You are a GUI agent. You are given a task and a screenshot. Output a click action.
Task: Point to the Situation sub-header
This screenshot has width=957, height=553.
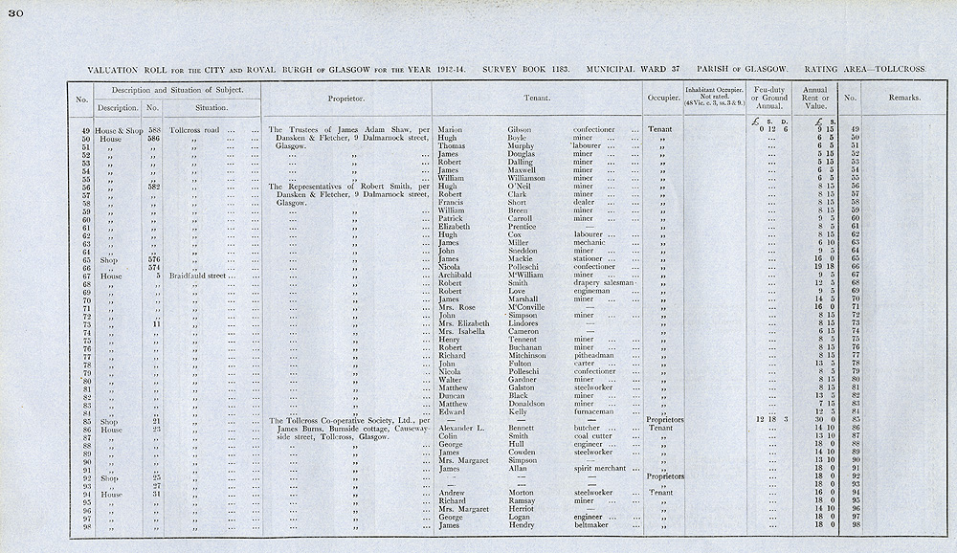point(211,107)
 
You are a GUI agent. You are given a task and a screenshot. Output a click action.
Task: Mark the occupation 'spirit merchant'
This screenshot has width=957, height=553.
point(605,469)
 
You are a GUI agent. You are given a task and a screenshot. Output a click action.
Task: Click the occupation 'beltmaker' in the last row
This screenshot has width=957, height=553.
point(594,525)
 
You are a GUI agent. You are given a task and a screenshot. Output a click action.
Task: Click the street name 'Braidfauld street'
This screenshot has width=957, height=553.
point(197,275)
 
